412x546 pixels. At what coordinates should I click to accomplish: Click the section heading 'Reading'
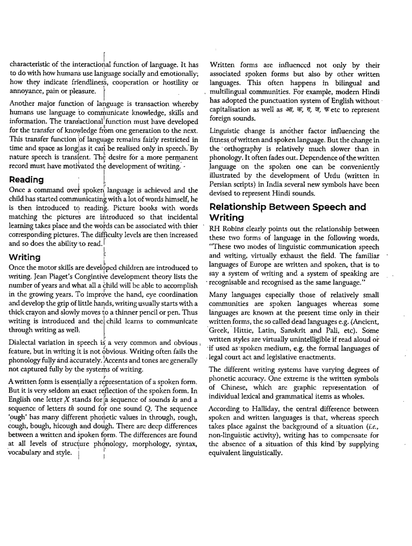[26, 180]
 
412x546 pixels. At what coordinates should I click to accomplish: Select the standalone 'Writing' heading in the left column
[25, 257]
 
